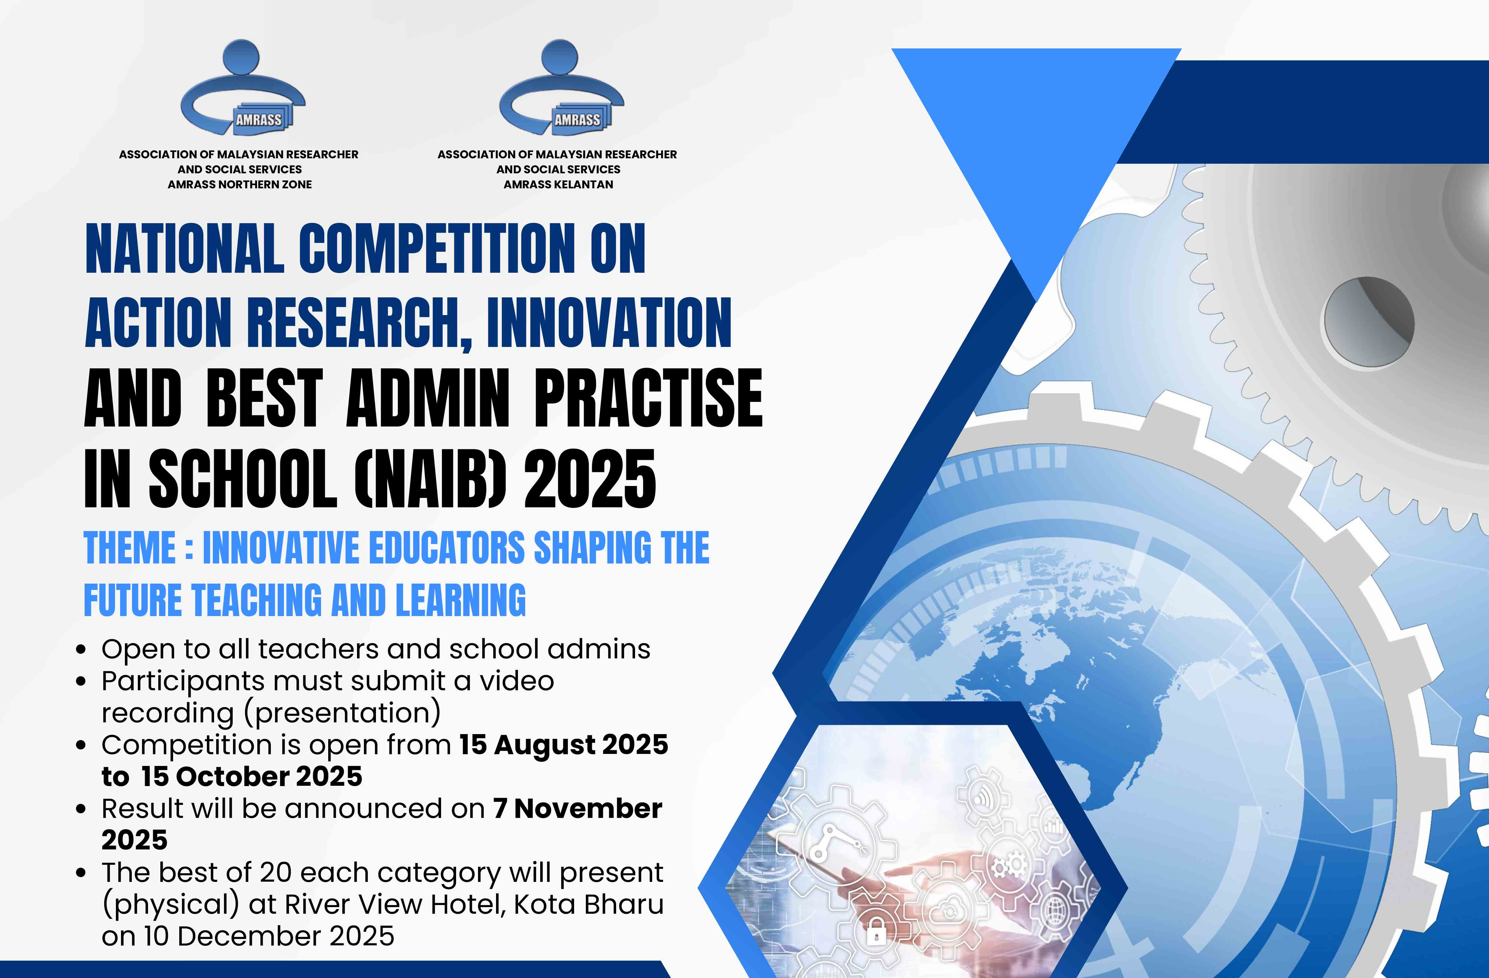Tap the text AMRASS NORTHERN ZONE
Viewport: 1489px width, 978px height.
(240, 185)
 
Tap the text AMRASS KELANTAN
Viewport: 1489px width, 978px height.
(558, 185)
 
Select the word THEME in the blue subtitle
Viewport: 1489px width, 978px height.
(130, 548)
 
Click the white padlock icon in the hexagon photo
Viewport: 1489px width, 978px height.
(876, 934)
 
